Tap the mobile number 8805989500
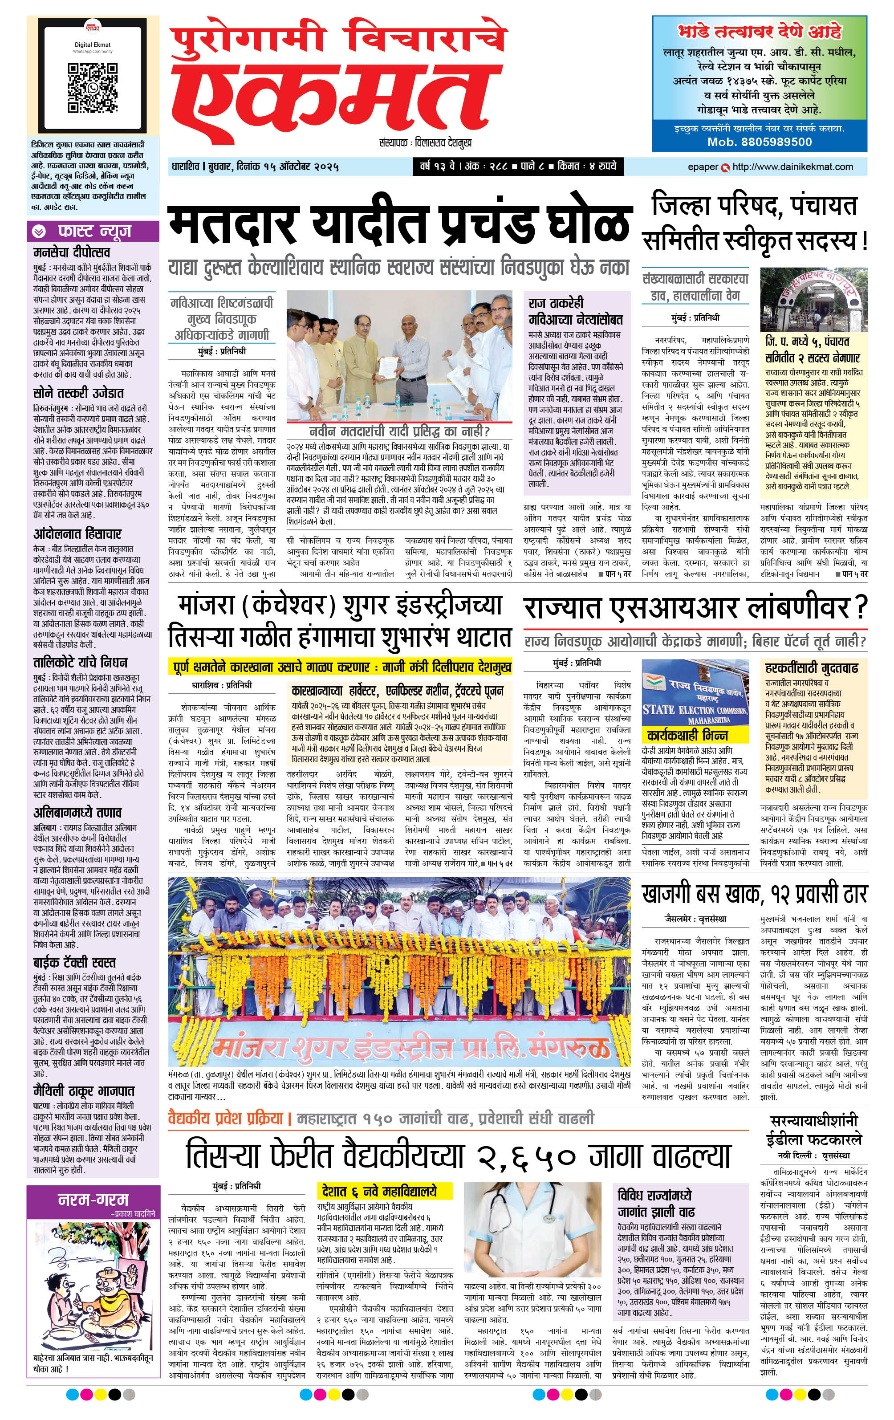[x=760, y=142]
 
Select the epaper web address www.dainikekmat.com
[x=792, y=167]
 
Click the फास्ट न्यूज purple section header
[x=93, y=231]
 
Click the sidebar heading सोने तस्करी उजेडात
[x=78, y=393]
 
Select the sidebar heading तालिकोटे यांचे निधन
[x=80, y=662]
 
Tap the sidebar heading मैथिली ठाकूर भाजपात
[x=84, y=1091]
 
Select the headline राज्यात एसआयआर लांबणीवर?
[x=695, y=608]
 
